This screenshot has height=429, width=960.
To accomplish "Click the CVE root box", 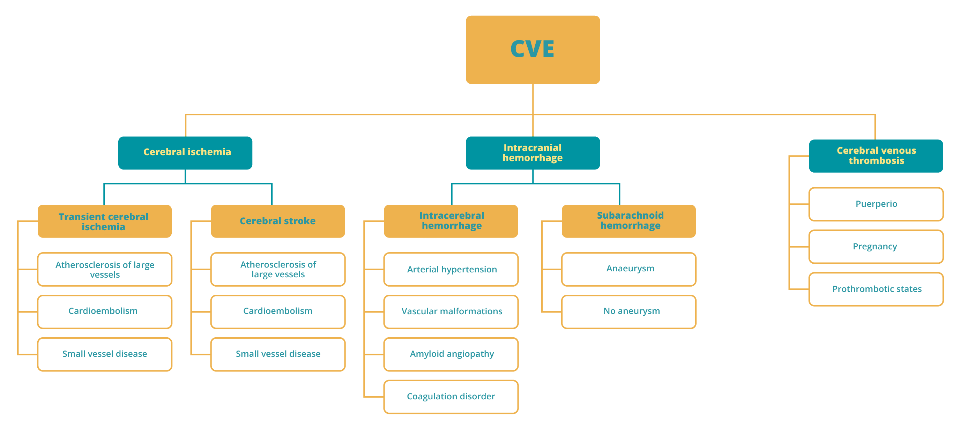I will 533,50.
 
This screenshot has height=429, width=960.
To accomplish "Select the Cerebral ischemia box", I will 185,153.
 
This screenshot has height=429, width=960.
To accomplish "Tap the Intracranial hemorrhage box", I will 533,153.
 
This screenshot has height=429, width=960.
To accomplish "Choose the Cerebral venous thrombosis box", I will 876,156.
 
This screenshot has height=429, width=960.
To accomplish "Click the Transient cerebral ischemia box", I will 104,221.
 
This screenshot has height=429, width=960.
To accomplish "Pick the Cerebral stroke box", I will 278,221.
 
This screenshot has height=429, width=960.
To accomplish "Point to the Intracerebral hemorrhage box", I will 451,221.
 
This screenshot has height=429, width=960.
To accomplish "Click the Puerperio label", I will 876,204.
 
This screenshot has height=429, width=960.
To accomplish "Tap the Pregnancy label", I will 875,247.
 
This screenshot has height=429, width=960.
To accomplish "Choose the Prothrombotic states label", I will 877,289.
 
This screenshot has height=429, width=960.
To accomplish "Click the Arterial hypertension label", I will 451,269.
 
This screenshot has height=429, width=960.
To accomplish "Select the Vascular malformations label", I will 451,311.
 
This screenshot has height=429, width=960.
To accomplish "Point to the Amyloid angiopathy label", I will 451,354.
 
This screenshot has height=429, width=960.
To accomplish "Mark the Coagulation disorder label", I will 451,396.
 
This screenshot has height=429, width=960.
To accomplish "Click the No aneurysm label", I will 631,311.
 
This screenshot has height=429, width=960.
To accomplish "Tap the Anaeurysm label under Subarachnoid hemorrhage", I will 630,269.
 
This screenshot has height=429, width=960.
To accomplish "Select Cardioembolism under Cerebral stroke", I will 278,311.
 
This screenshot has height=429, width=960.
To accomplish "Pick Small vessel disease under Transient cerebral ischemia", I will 104,354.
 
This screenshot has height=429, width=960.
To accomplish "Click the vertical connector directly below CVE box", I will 533,99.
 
